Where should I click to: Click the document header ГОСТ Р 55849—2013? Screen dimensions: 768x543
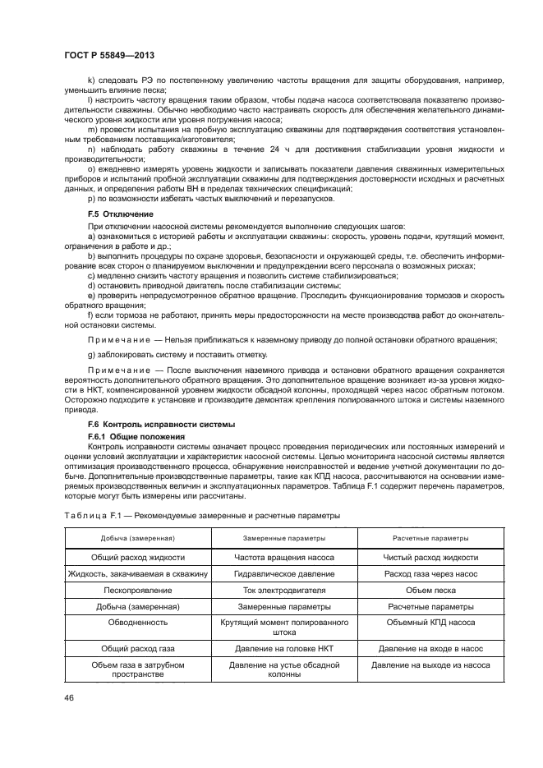coord(108,55)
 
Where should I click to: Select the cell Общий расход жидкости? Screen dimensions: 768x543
coord(137,556)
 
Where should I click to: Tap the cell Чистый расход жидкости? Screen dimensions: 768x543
coord(430,556)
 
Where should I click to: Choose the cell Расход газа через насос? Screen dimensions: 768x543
coord(430,573)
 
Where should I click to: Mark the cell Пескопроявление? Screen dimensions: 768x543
coord(137,590)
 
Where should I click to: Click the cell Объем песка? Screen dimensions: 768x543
coord(430,590)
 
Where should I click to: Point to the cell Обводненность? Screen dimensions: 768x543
coord(137,623)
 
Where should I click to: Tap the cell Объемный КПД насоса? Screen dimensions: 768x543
coord(430,623)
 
